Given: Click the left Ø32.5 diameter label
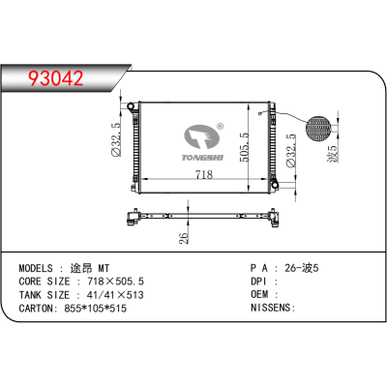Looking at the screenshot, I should (x=115, y=142).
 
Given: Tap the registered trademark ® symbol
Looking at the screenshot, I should (x=221, y=126).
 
